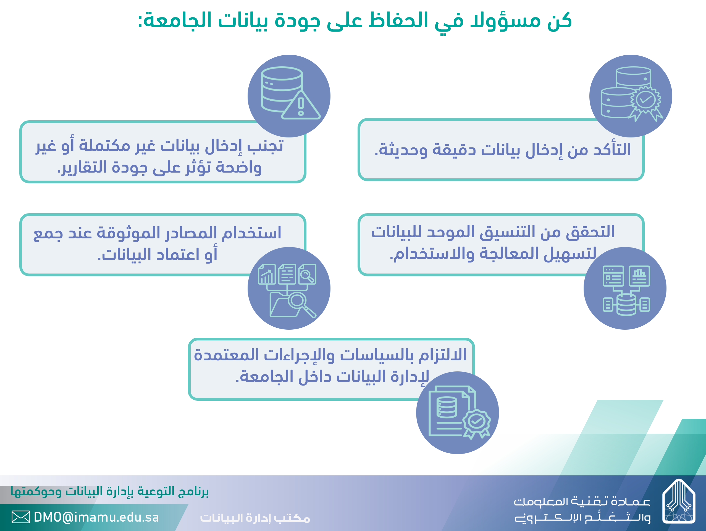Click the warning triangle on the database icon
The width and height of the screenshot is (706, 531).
[x=301, y=105]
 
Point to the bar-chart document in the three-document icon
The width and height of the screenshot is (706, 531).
[x=267, y=274]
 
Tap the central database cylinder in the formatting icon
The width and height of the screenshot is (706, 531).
[x=626, y=304]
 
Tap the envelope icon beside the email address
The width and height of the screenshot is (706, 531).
[x=21, y=517]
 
